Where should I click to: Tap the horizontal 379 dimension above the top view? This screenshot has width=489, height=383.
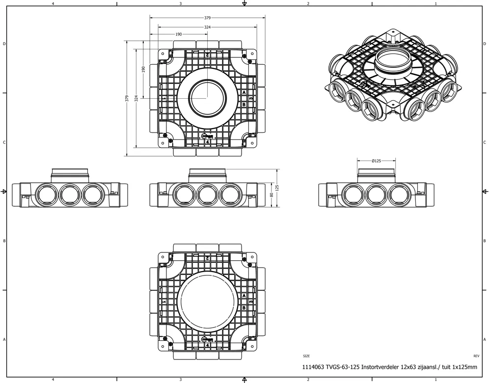coord(208,18)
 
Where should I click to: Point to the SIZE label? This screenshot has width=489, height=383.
coord(306,356)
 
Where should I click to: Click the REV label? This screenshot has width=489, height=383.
coord(476,356)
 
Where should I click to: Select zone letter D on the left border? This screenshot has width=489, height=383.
coord(4,44)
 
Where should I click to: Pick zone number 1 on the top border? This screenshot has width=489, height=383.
coord(435,4)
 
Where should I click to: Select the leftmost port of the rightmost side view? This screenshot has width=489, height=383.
coord(353,195)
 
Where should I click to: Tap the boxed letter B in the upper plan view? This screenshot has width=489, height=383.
coord(244,104)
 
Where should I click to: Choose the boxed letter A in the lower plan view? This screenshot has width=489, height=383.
coord(244,296)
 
